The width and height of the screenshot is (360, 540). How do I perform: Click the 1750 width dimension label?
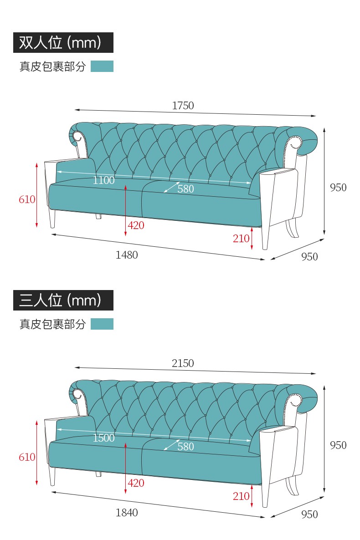coord(183,105)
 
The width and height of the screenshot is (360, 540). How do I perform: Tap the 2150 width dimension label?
coord(183,363)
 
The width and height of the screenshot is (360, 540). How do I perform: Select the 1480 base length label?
coord(127,255)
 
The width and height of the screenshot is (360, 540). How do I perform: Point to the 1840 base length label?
coord(127,512)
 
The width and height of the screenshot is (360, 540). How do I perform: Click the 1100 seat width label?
coord(103,180)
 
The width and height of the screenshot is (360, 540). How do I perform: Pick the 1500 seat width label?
coord(103,438)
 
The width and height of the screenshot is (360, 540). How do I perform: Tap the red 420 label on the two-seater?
coord(136,225)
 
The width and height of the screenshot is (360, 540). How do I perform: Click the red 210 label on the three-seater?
coord(241,496)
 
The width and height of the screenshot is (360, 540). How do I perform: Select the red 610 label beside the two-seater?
coord(27,199)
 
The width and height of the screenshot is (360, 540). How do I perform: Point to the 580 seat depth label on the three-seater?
coord(185,446)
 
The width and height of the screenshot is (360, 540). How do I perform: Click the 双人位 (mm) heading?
coord(60,42)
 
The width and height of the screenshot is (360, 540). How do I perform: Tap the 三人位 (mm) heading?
coord(60,300)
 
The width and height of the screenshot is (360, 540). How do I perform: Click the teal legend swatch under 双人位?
coord(102,66)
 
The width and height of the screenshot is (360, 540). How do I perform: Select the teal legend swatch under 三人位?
coord(102,324)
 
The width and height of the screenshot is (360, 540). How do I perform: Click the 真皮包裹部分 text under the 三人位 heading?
coord(52,324)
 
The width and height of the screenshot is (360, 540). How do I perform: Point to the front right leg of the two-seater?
coord(265,238)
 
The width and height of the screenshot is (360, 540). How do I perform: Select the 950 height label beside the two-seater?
coord(338,187)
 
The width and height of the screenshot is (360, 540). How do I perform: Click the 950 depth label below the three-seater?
coord(309,514)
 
